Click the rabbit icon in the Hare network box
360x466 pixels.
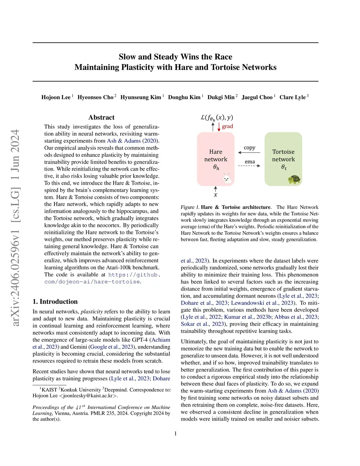[227, 178]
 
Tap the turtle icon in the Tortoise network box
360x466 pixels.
[294, 179]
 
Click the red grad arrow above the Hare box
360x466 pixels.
[219, 127]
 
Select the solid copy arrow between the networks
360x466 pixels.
[249, 153]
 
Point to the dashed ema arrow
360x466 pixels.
[249, 166]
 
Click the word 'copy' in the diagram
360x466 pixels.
[250, 148]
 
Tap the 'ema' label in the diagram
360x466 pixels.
[250, 162]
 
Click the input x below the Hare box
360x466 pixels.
[216, 195]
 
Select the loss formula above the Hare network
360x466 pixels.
[217, 118]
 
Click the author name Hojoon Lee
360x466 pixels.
[56, 97]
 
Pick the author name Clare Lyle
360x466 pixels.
[292, 97]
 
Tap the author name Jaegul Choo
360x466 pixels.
[257, 97]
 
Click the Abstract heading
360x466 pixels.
[101, 117]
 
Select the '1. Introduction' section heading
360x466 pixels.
[55, 301]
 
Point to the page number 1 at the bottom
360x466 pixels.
[175, 433]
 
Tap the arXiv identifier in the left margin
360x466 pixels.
[15, 228]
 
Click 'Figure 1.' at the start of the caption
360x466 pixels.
[190, 207]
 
